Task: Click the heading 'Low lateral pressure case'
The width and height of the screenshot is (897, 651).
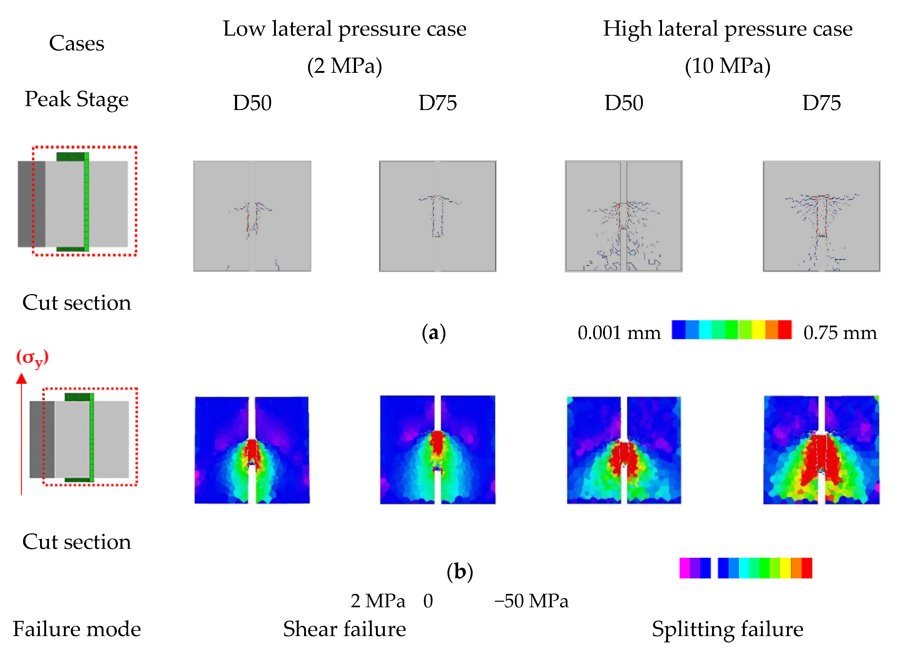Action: pyautogui.click(x=344, y=29)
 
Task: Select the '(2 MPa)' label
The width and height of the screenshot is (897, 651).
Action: pyautogui.click(x=344, y=66)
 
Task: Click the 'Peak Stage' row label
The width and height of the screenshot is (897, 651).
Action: pyautogui.click(x=76, y=99)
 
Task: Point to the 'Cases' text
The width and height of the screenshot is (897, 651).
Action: pyautogui.click(x=76, y=43)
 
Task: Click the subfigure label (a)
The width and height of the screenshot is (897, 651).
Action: pyautogui.click(x=434, y=333)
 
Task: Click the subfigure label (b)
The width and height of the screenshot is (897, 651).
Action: pyautogui.click(x=460, y=572)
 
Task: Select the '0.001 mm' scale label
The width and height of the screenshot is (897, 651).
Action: pyautogui.click(x=619, y=333)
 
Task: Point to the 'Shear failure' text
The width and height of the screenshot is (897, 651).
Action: pyautogui.click(x=344, y=629)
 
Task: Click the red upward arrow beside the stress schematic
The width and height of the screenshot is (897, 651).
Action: pyautogui.click(x=21, y=435)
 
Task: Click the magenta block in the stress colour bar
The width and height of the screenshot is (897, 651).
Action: pyautogui.click(x=684, y=568)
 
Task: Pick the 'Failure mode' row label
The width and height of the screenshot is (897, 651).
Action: pyautogui.click(x=76, y=629)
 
